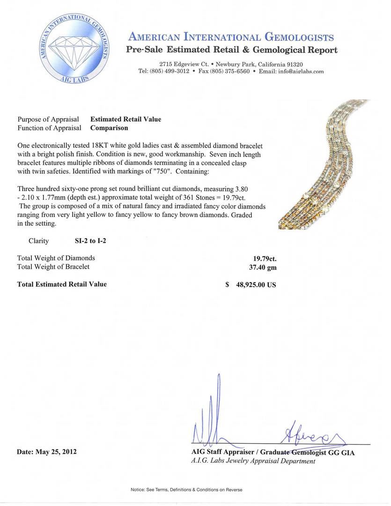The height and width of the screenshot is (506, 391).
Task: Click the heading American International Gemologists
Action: click(x=231, y=37)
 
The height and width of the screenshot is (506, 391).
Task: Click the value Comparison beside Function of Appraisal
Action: click(x=109, y=127)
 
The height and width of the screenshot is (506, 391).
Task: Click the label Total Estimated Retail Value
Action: click(x=62, y=284)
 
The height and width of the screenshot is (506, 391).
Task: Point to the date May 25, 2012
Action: click(x=56, y=452)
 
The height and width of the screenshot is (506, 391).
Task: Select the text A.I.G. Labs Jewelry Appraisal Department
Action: click(x=253, y=461)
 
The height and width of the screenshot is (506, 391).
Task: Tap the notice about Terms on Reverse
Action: click(x=186, y=490)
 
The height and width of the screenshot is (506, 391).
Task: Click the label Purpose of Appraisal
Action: click(x=48, y=119)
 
